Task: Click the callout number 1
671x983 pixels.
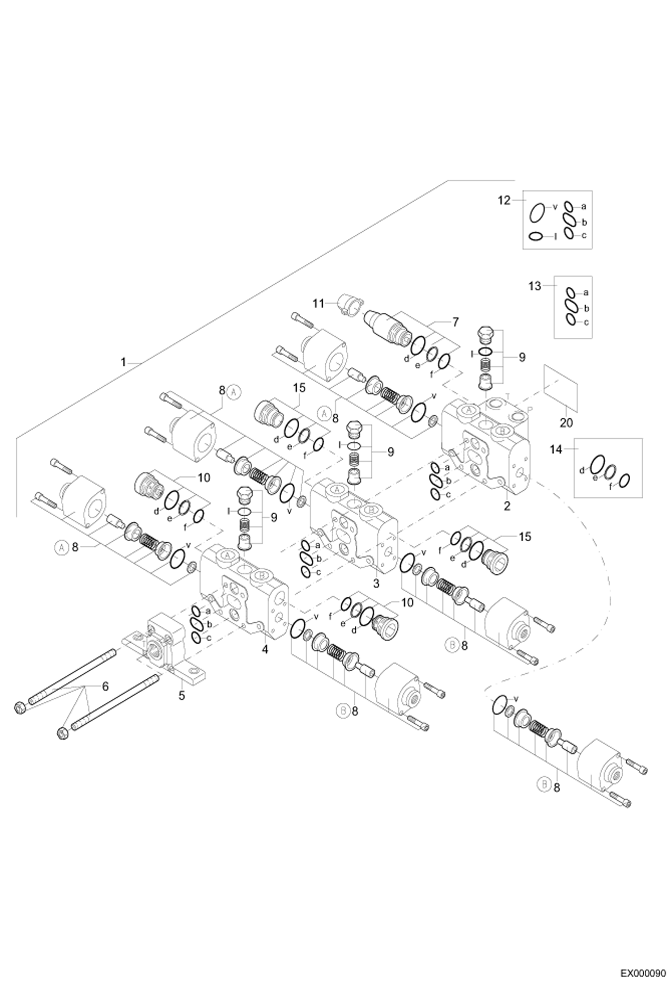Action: click(124, 362)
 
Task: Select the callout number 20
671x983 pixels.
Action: click(566, 423)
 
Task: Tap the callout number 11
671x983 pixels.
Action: click(318, 304)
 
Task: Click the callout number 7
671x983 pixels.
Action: click(456, 322)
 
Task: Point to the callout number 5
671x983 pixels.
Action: click(181, 696)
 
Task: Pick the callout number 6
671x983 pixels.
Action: click(106, 686)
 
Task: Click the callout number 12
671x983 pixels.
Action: click(504, 201)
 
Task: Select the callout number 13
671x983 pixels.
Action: click(535, 286)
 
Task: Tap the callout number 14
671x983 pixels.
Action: click(555, 449)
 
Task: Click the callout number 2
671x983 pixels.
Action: click(507, 506)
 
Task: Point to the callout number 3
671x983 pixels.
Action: click(376, 583)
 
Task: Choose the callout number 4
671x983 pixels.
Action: click(265, 648)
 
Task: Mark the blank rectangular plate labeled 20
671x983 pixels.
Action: click(560, 386)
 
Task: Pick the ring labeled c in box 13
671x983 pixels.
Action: click(570, 319)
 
